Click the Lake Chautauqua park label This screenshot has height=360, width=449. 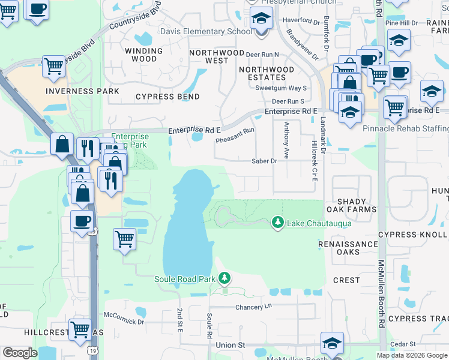[319, 223]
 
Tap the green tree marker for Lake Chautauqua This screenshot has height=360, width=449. [277, 223]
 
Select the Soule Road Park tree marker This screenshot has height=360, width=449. [224, 278]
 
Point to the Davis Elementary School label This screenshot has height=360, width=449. [206, 31]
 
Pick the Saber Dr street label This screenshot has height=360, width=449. [264, 161]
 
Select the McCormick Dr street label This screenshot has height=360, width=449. [124, 322]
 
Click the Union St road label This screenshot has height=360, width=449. [231, 345]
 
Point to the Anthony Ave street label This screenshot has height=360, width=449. [286, 140]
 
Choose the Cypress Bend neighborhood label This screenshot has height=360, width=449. [167, 97]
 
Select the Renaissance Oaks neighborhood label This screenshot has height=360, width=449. [348, 248]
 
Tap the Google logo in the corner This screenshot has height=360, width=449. [20, 353]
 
